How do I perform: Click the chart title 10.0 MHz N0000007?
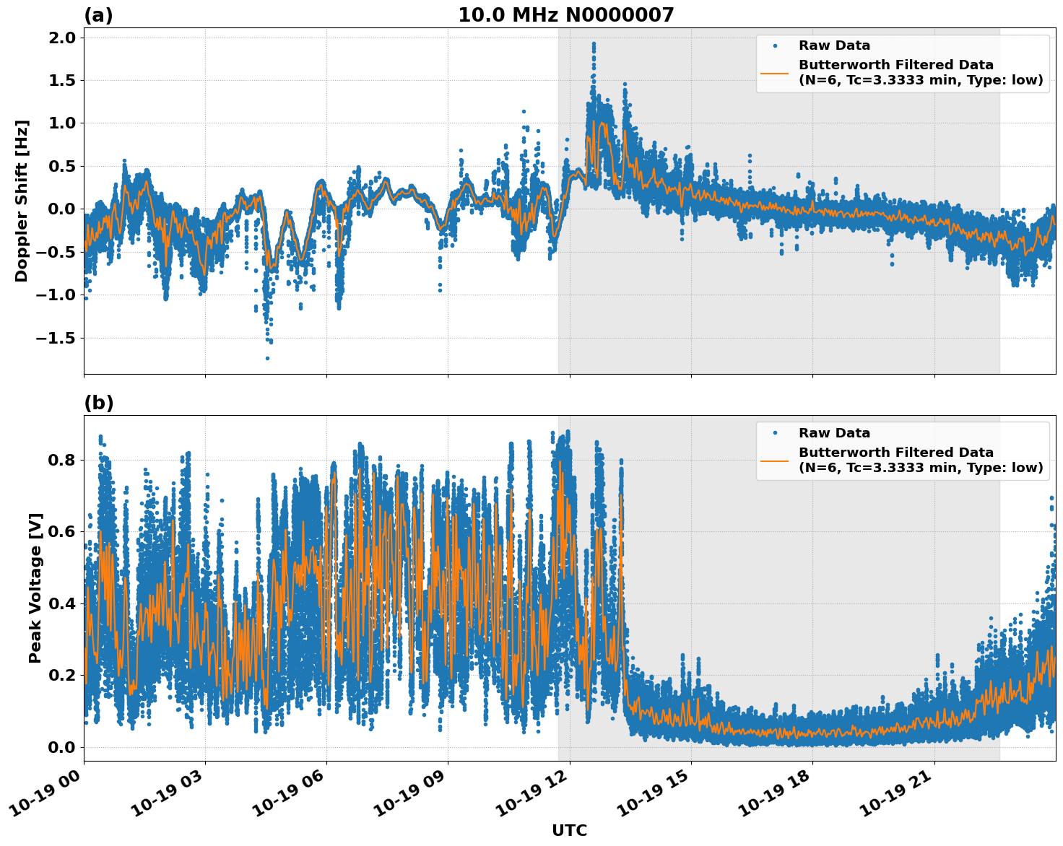565,15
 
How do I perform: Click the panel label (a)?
98,15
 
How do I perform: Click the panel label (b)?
98,403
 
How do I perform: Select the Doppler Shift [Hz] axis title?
22,201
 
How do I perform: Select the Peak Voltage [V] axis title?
35,588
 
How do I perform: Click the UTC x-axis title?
569,830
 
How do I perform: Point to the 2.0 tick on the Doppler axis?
61,38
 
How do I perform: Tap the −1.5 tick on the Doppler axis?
56,338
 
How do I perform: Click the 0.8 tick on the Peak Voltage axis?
61,460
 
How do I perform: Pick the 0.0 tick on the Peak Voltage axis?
61,747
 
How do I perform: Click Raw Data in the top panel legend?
834,45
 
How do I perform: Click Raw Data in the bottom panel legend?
834,433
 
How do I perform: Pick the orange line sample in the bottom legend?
775,460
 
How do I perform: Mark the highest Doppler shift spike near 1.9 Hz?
594,44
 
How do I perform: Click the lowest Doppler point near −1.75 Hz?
267,358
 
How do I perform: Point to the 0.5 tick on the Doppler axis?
61,166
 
